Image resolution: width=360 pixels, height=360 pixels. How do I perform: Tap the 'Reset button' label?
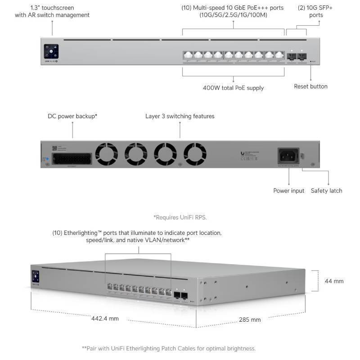pyautogui.click(x=310, y=86)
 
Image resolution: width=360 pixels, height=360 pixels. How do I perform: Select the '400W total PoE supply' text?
pyautogui.click(x=233, y=88)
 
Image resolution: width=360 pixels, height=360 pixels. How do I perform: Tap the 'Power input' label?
pyautogui.click(x=289, y=191)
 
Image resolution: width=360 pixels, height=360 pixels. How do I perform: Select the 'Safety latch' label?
pyautogui.click(x=326, y=191)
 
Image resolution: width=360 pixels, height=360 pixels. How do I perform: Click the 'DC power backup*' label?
pyautogui.click(x=72, y=116)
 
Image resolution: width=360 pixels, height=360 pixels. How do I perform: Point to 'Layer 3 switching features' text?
pyautogui.click(x=180, y=116)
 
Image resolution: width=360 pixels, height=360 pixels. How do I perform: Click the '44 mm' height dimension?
pyautogui.click(x=334, y=281)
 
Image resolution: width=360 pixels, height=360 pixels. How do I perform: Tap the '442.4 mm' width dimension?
pyautogui.click(x=105, y=318)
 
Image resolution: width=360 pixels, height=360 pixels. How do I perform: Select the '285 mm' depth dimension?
pyautogui.click(x=250, y=320)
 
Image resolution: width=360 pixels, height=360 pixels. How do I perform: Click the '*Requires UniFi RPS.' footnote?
pyautogui.click(x=180, y=217)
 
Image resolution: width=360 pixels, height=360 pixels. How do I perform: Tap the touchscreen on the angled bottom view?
pyautogui.click(x=35, y=276)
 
